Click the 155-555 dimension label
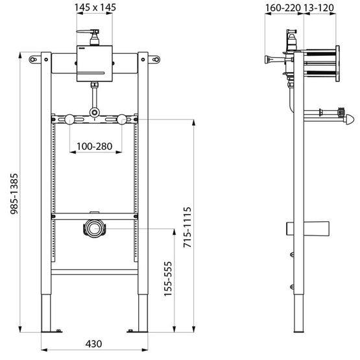[167, 278]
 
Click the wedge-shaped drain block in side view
[320, 228]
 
